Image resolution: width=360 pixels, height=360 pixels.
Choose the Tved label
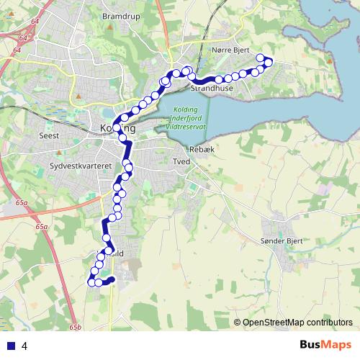coord(181,162)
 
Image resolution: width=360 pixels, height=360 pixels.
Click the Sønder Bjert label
coord(282,241)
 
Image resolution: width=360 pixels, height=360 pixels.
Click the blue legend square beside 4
coord(9,345)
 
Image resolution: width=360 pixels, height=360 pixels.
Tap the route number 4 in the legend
coord(24,346)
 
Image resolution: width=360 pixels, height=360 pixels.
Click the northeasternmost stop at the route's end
coord(261,58)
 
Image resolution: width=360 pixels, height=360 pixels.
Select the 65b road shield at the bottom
coord(75,328)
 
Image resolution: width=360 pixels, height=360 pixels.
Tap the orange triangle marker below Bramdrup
coord(109,27)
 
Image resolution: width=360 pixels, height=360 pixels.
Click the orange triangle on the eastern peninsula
coord(330,60)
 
